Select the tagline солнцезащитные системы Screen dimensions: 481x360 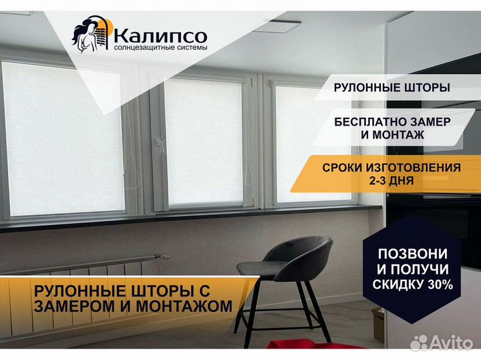pos(160,48)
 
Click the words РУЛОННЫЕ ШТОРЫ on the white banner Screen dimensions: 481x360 pos(391,87)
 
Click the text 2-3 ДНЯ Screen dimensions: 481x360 pos(391,180)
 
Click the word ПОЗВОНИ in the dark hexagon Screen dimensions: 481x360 pos(413,254)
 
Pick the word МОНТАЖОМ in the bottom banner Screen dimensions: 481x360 pos(184,306)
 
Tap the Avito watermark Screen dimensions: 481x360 pos(441,343)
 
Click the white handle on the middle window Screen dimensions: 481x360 pos(160,145)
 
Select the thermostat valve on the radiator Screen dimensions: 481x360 pos(162,256)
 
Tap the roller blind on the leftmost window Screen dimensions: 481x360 pos(63,138)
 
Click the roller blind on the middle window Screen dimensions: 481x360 pos(203,142)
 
